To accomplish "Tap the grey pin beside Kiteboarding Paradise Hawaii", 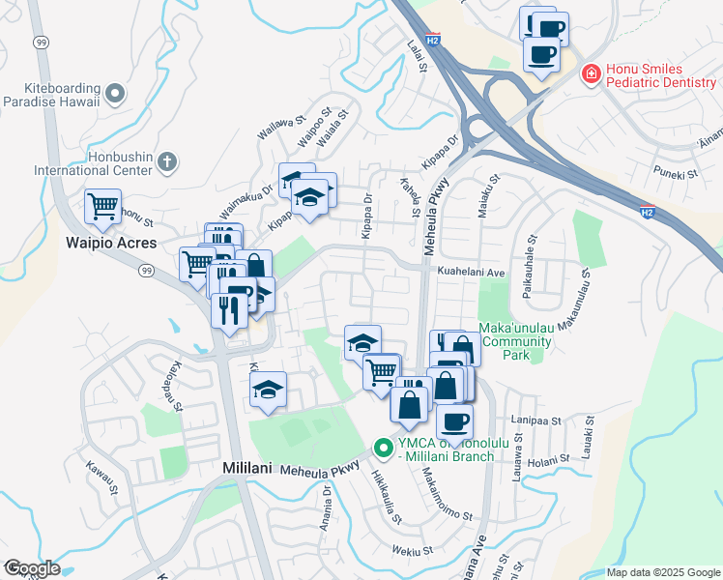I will (x=116, y=94).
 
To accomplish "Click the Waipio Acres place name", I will (x=111, y=243).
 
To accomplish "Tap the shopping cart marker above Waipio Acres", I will (x=102, y=207).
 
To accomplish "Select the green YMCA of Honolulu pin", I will (x=382, y=449).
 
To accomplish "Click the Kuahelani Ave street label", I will (x=472, y=273).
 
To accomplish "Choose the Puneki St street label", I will (x=676, y=174).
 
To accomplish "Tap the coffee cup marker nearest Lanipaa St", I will (x=454, y=422).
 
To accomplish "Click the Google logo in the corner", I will (x=31, y=568).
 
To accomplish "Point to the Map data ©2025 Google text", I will (x=662, y=572).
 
